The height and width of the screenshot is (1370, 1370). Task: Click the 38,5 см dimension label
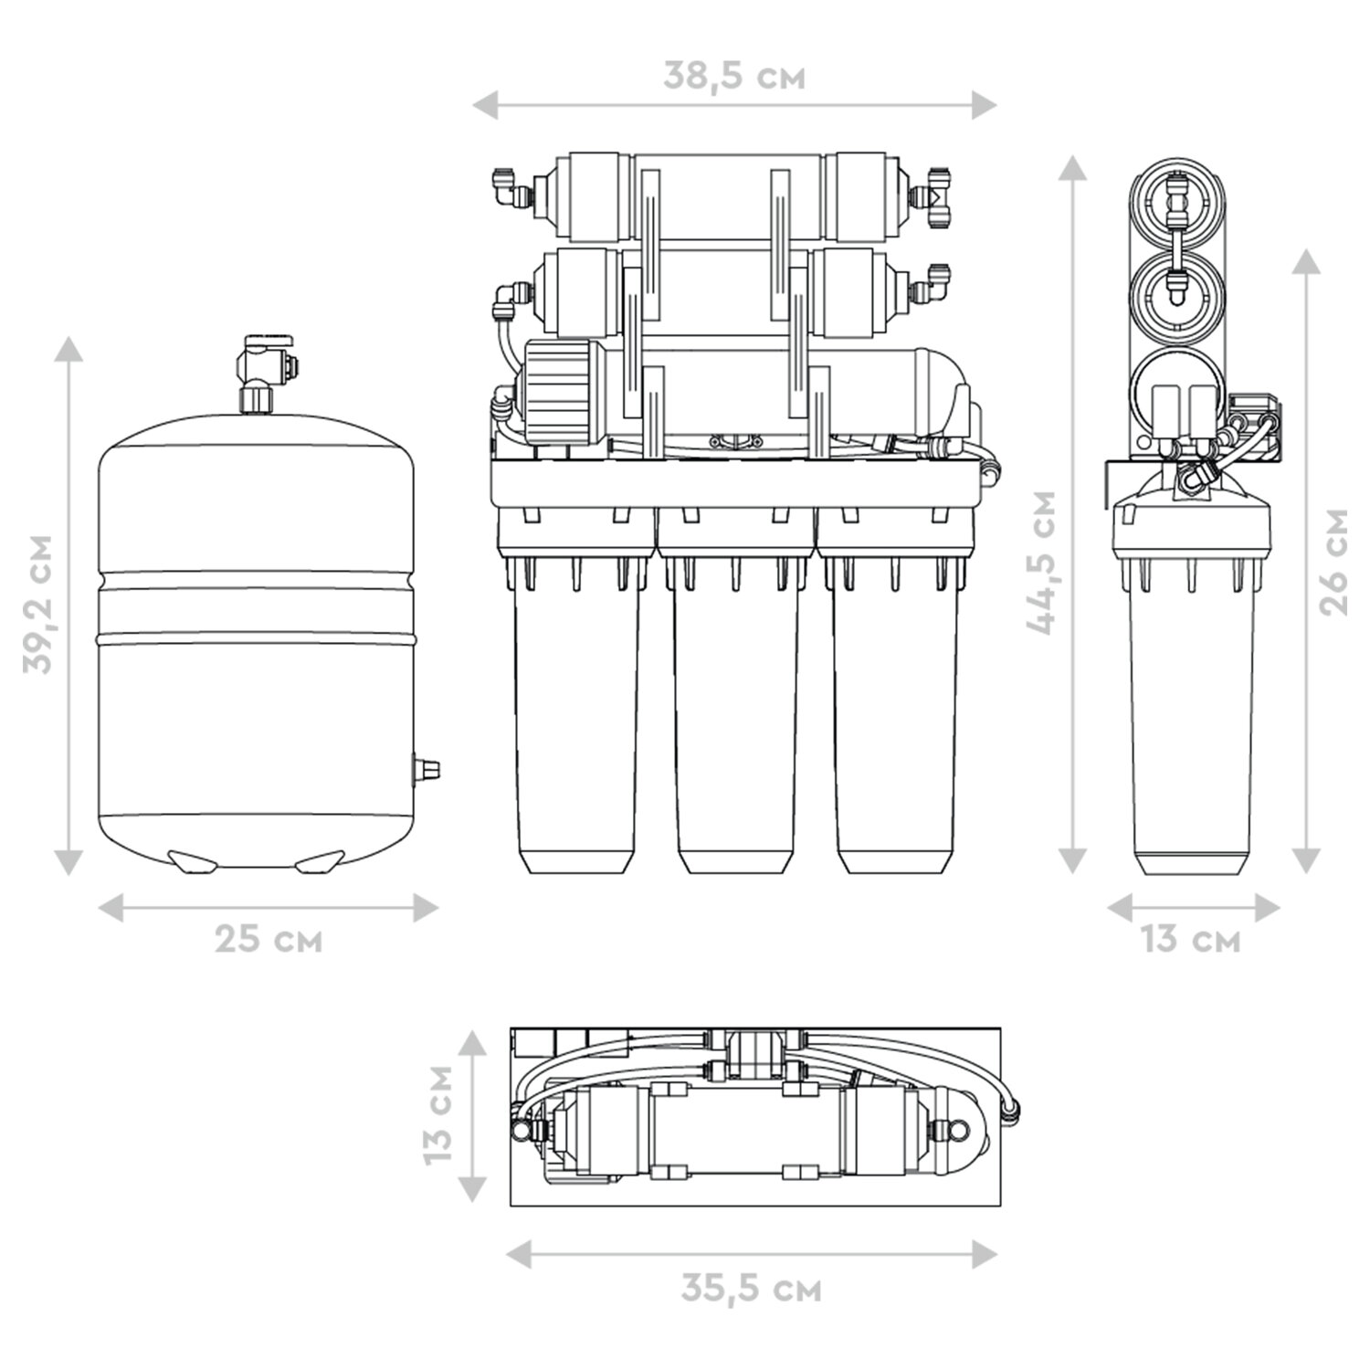[734, 77]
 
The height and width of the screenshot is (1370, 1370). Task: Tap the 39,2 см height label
[39, 604]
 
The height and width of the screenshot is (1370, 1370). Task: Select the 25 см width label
[269, 940]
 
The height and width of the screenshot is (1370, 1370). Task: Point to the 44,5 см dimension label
[1041, 562]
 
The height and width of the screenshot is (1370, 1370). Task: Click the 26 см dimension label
[1334, 562]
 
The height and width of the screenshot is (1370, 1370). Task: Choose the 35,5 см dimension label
[751, 1289]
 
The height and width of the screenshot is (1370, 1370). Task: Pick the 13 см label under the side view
[1191, 940]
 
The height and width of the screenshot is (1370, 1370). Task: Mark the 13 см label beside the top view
[439, 1113]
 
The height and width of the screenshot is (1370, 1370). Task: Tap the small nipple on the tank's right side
[426, 768]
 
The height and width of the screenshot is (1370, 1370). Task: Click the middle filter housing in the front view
[735, 722]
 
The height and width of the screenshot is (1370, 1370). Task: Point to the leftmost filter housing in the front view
[575, 722]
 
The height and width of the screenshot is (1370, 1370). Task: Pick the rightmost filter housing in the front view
[895, 722]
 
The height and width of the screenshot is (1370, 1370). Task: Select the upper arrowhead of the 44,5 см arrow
[1072, 170]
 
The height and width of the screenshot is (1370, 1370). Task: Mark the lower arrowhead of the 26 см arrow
[1307, 859]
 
